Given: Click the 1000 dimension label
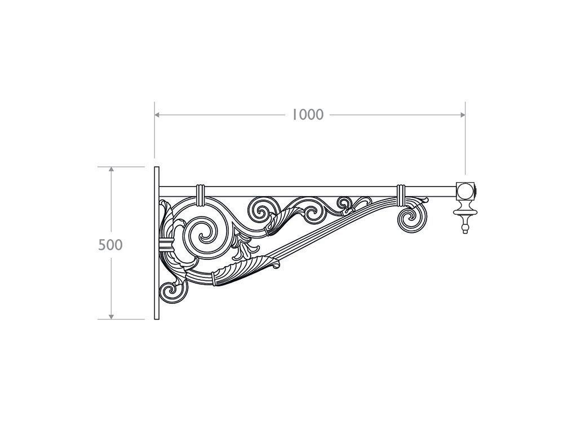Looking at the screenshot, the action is click(x=308, y=115).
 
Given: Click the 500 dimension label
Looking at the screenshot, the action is click(x=110, y=245).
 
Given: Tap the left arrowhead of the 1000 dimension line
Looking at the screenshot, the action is click(x=157, y=115).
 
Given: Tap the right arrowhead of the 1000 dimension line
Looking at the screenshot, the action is click(x=463, y=115).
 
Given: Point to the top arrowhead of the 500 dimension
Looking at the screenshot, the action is click(x=111, y=169).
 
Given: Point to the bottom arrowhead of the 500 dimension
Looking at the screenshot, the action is click(x=111, y=317).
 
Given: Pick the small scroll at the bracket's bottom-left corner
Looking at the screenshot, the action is click(x=173, y=293).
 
